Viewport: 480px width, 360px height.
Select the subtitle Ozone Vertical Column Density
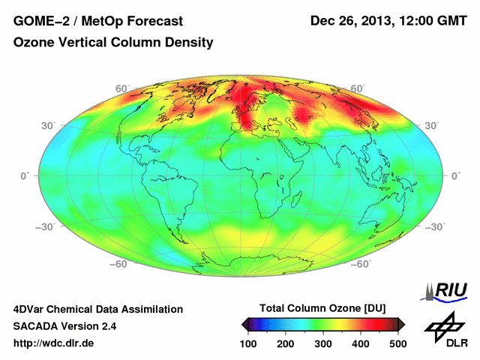(x=113, y=43)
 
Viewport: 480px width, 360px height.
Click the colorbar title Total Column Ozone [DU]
(x=322, y=309)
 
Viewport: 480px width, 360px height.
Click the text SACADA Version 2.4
(x=64, y=326)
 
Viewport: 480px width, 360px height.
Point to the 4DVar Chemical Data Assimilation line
(x=97, y=309)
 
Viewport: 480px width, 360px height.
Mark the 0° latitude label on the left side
(x=24, y=175)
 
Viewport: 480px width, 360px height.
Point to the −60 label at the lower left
(x=119, y=264)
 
